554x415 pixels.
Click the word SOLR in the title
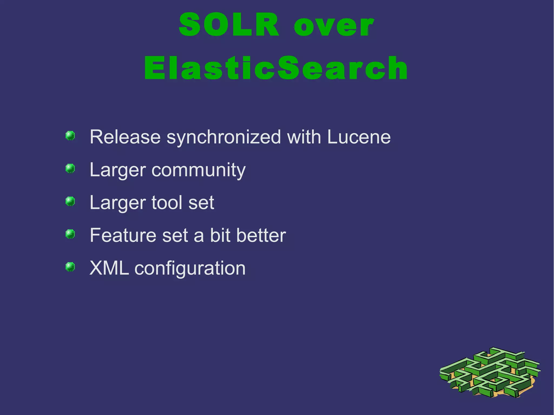[229, 25]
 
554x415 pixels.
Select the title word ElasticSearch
[276, 68]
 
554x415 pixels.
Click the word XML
[109, 268]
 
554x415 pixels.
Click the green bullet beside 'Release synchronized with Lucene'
[70, 135]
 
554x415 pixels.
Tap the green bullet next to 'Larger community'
[70, 168]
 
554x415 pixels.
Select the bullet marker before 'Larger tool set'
[70, 201]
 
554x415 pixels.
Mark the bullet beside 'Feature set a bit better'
[70, 234]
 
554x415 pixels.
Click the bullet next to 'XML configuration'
[70, 267]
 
